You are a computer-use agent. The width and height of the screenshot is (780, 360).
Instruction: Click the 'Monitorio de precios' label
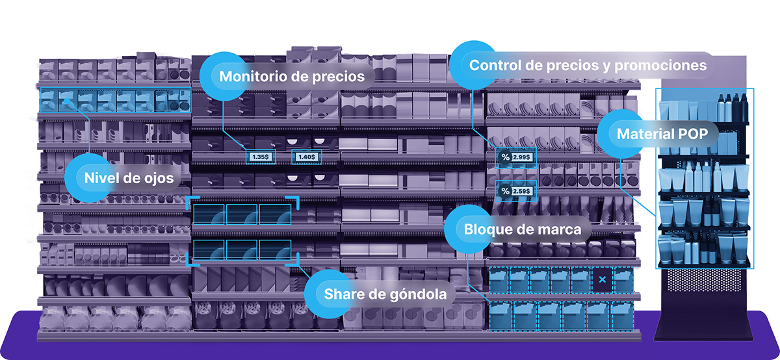(x=292, y=76)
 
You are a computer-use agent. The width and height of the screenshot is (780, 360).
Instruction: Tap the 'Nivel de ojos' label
(x=124, y=177)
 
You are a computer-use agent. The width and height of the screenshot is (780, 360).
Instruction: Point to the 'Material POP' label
(x=660, y=135)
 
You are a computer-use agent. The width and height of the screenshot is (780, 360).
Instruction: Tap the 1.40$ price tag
(x=306, y=157)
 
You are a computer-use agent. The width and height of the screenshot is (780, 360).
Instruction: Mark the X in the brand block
(x=603, y=280)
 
